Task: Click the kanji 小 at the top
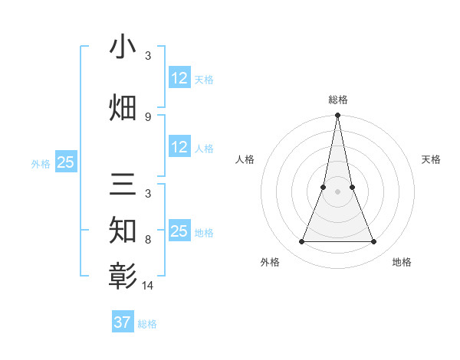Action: pyautogui.click(x=123, y=47)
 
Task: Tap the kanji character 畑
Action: pyautogui.click(x=123, y=107)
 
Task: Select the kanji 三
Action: pyautogui.click(x=123, y=187)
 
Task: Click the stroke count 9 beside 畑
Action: pyautogui.click(x=147, y=116)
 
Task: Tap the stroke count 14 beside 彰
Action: pyautogui.click(x=148, y=285)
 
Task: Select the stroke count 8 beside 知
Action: pyautogui.click(x=147, y=239)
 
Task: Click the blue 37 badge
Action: pyautogui.click(x=122, y=322)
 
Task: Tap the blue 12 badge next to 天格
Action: pyautogui.click(x=179, y=78)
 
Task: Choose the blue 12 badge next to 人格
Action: pyautogui.click(x=179, y=147)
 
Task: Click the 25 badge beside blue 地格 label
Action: pyautogui.click(x=179, y=231)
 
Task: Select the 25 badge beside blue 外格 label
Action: pyautogui.click(x=65, y=162)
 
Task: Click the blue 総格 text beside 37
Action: pyautogui.click(x=147, y=324)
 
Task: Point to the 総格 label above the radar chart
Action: pyautogui.click(x=337, y=100)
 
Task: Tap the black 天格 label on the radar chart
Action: pyautogui.click(x=432, y=159)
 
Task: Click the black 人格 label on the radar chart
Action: pyautogui.click(x=245, y=159)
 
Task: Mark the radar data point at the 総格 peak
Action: pyautogui.click(x=337, y=116)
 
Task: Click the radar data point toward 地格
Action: pyautogui.click(x=374, y=242)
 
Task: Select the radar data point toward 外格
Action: pyautogui.click(x=301, y=242)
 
